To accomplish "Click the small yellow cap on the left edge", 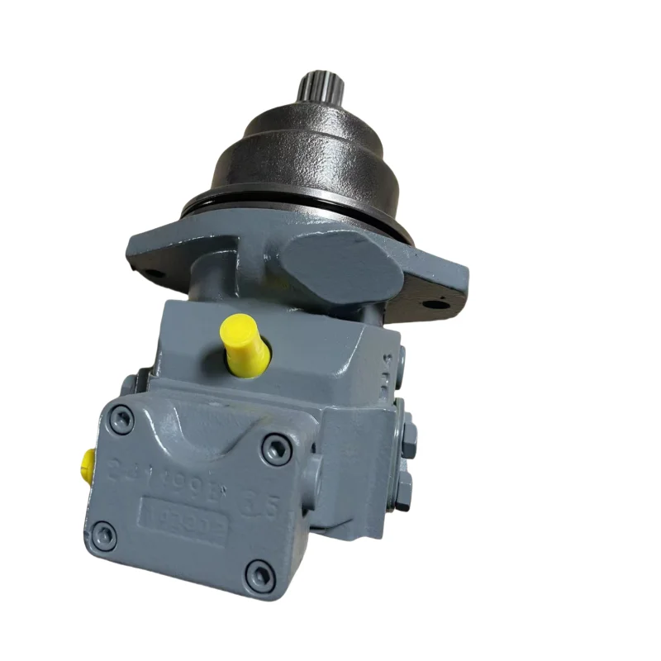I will coord(88,466).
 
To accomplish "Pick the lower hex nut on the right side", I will coord(403,492).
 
